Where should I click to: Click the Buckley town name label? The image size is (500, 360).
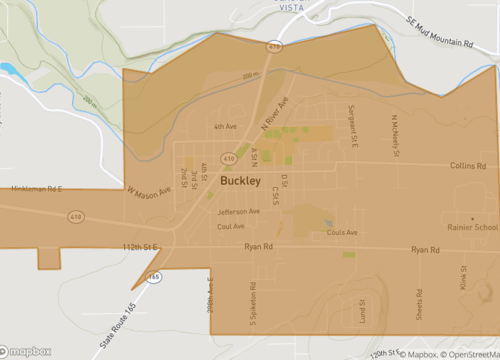click(239, 183)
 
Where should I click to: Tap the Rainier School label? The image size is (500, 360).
click(472, 227)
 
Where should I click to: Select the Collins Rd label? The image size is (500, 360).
click(468, 166)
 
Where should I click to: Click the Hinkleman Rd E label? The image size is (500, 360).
click(36, 188)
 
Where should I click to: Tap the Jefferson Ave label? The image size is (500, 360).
click(239, 212)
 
